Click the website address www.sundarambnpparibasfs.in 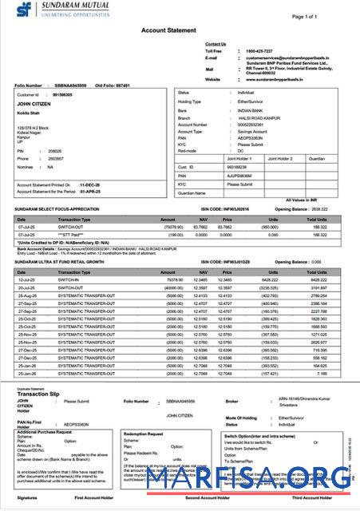coord(279,79)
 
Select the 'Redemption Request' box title coord(147,432)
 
